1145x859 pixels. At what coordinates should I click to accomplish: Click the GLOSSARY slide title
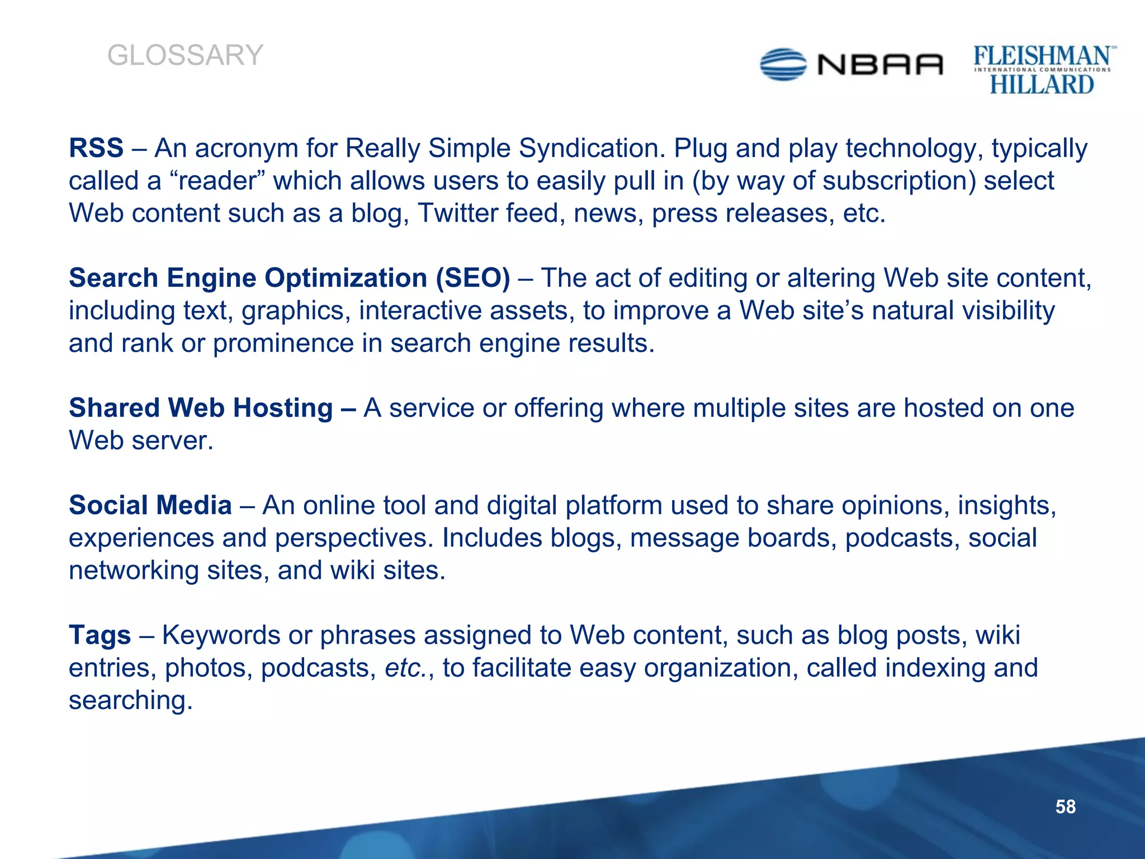[x=185, y=55]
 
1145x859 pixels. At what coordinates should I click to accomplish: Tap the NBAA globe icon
[x=783, y=64]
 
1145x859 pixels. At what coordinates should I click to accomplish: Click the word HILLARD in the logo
[x=1042, y=85]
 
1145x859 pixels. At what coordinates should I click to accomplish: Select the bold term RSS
[x=96, y=148]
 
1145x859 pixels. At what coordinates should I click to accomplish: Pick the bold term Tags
[x=100, y=635]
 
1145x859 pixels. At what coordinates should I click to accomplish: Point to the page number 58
[x=1065, y=806]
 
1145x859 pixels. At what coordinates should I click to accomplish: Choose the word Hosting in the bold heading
[x=283, y=408]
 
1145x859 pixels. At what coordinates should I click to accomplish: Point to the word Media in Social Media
[x=194, y=505]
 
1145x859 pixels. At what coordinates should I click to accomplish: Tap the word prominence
[x=283, y=343]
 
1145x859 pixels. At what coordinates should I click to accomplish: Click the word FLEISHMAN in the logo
[x=1042, y=56]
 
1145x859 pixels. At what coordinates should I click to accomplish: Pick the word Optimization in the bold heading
[x=346, y=278]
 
